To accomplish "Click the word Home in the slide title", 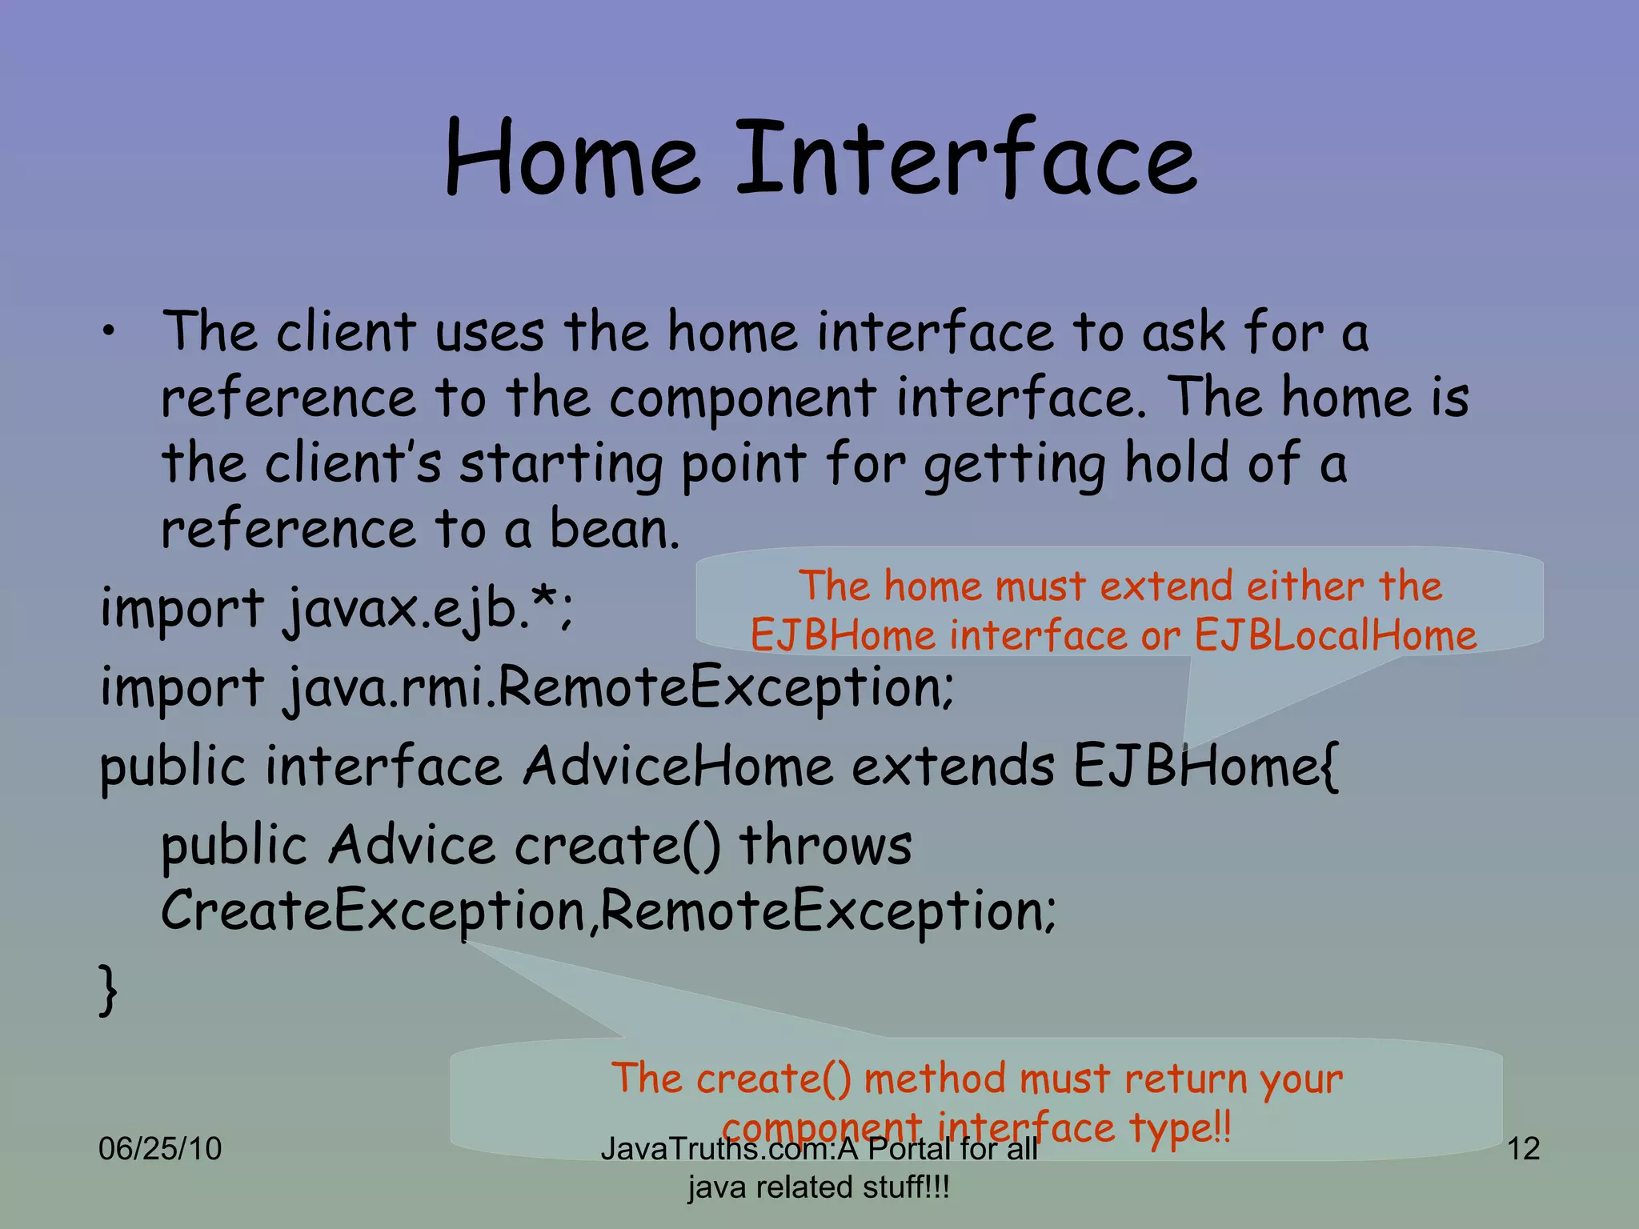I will [x=572, y=158].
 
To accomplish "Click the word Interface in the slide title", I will [x=966, y=158].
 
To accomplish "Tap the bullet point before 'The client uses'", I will [x=108, y=333].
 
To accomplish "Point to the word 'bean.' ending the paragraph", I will [x=615, y=530].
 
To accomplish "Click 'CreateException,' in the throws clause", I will [x=379, y=911].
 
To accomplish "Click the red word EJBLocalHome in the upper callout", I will [x=1335, y=636].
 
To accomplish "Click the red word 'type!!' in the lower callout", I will [x=1180, y=1128].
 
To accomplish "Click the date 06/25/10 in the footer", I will [x=159, y=1149].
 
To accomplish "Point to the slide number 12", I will [x=1523, y=1149].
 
